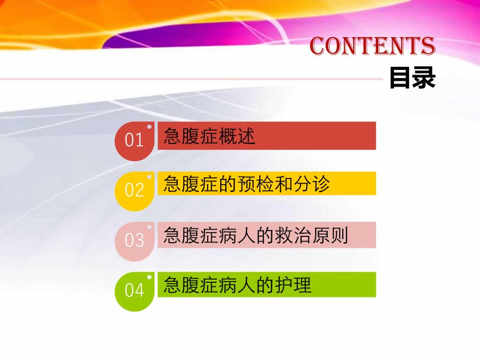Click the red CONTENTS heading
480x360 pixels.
coord(373,46)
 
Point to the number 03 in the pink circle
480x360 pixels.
coord(134,241)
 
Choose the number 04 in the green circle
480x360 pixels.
coord(134,291)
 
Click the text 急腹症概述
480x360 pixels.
coord(209,137)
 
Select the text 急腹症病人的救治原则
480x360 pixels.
coord(256,235)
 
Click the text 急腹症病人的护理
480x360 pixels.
coord(237,285)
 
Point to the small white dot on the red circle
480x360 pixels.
coord(149,127)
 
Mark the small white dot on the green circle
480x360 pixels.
coord(149,277)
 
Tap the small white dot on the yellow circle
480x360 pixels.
coord(149,177)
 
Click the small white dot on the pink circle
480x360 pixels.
coord(149,227)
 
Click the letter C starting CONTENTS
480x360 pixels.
coord(318,46)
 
